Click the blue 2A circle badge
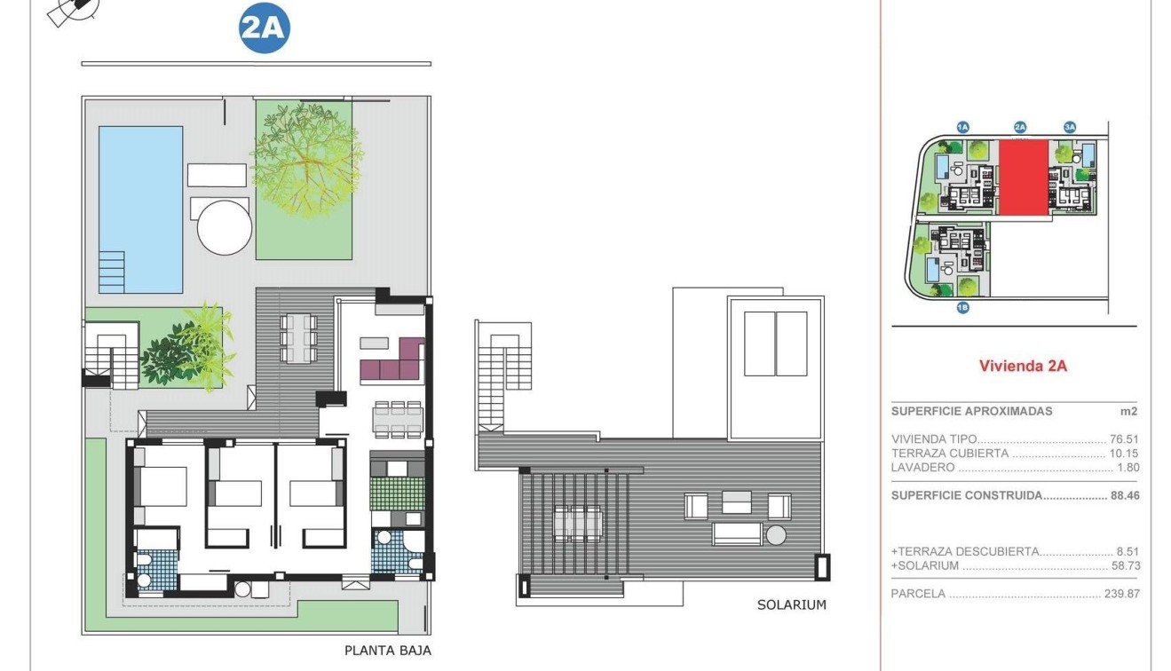pos(265,29)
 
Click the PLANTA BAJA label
pos(388,651)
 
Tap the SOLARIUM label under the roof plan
pos(791,605)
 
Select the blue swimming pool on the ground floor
pos(140,209)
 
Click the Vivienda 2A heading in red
pos(1023,366)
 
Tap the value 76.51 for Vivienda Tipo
pos(1124,438)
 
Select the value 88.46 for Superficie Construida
pos(1124,496)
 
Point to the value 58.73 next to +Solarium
pos(1125,565)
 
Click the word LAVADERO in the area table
pos(922,468)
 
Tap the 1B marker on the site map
pos(963,308)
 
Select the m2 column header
pos(1129,412)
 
